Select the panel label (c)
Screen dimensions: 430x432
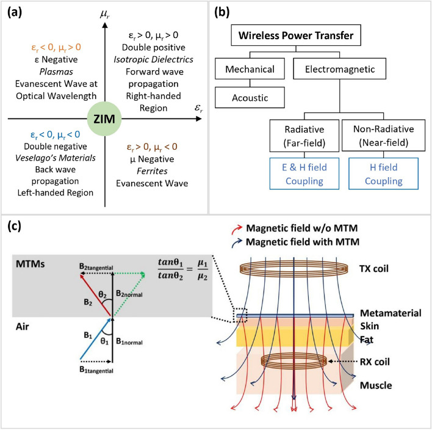pyautogui.click(x=15, y=226)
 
